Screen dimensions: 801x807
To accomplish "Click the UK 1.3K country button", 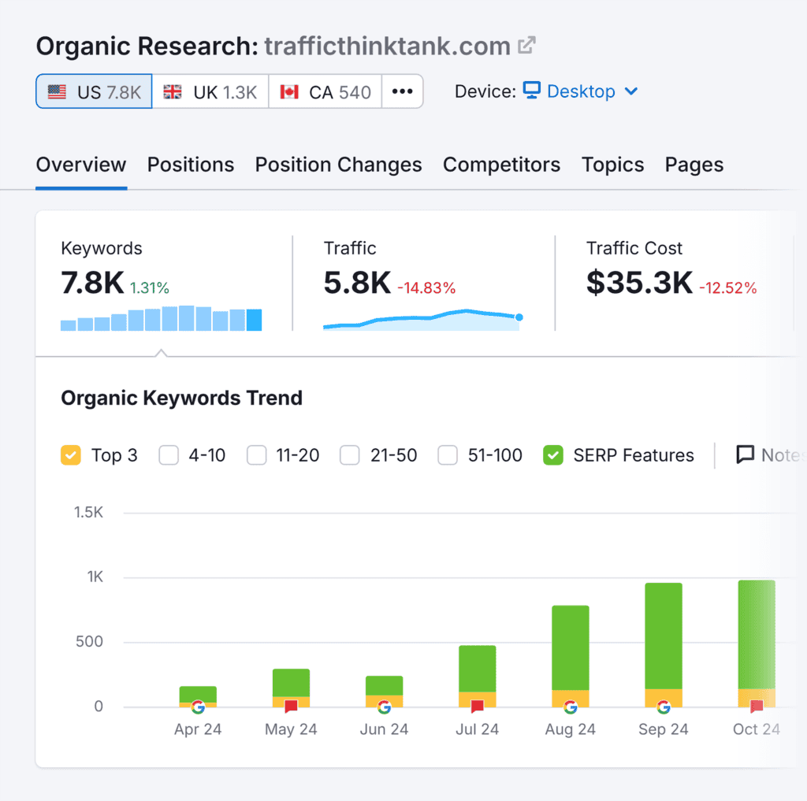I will click(x=210, y=91).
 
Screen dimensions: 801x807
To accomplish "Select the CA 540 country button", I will click(x=325, y=91).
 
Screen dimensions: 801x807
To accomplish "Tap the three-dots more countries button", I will click(x=403, y=91).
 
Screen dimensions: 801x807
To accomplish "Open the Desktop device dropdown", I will click(x=581, y=91).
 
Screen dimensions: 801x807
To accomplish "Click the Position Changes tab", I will click(x=338, y=165).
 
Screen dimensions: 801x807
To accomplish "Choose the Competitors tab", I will click(x=501, y=165).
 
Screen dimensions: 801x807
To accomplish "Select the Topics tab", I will click(x=612, y=165).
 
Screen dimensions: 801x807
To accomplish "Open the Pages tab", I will click(x=694, y=165).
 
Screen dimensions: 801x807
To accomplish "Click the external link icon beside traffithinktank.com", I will click(x=526, y=46).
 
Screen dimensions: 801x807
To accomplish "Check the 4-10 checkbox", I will click(x=169, y=455).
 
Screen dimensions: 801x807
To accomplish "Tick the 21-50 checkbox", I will click(x=350, y=455).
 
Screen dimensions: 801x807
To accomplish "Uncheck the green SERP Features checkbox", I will click(x=553, y=455).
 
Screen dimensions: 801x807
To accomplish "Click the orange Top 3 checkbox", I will click(x=71, y=455).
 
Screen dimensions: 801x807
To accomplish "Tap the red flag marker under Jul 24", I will click(x=477, y=706).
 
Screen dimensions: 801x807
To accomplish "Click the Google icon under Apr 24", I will click(x=198, y=706).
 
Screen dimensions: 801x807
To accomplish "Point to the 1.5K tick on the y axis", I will click(x=88, y=513).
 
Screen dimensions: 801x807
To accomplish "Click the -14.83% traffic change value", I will click(x=426, y=288).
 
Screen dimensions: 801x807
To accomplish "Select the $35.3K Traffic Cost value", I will click(x=639, y=283).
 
